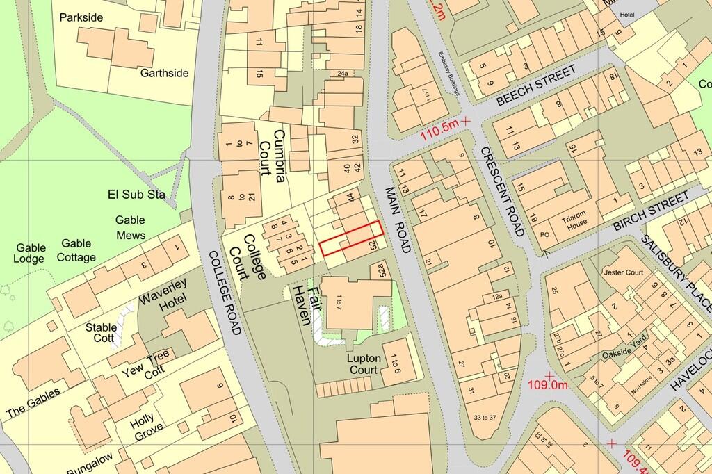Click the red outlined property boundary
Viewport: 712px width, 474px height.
(350, 238)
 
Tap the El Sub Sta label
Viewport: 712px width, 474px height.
(136, 194)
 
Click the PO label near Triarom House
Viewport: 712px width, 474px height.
(544, 234)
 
